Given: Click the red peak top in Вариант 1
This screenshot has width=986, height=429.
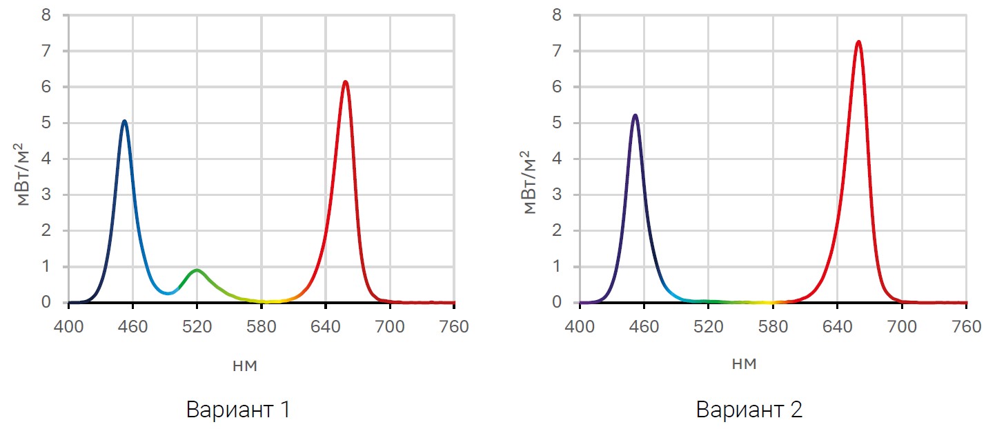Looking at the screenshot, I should click(345, 82).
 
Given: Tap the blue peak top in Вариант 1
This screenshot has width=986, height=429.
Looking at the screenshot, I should click(124, 121).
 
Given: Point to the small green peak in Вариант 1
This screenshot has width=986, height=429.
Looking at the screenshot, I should click(197, 270).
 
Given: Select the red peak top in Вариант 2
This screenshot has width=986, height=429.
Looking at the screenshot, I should click(858, 42).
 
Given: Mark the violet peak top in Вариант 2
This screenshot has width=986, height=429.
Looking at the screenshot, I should click(635, 116).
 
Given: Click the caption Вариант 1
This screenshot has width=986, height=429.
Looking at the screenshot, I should click(237, 410).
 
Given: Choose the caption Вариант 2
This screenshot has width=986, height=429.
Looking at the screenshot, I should click(749, 410).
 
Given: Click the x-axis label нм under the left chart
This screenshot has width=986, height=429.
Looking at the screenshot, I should click(246, 366).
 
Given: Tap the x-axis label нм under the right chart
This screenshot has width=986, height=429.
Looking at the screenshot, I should click(745, 363).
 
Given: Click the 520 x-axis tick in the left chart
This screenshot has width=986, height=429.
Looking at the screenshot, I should click(197, 326).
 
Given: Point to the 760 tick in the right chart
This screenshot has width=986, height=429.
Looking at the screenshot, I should click(966, 326).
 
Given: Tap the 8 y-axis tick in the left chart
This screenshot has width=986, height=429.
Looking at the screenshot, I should click(46, 15).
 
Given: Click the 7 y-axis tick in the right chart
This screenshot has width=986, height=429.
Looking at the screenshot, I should click(558, 51).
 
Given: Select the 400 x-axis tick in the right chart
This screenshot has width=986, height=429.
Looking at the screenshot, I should click(580, 326).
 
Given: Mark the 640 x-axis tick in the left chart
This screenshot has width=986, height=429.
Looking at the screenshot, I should click(325, 326).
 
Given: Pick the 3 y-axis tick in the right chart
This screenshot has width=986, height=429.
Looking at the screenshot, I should click(558, 195).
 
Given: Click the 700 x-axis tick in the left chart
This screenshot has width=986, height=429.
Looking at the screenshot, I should click(390, 326).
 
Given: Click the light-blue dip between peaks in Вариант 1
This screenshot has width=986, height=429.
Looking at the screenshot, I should click(168, 293).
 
